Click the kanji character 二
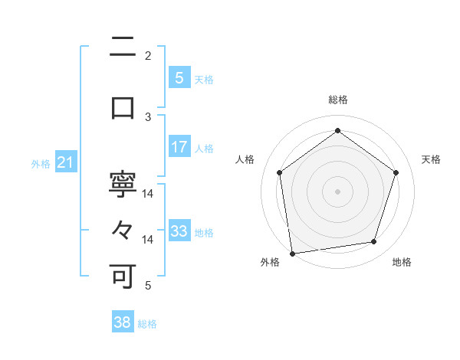[x=123, y=47]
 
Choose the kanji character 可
[x=123, y=276]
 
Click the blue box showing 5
[x=179, y=78]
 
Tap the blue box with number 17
[x=179, y=147]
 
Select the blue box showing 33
[x=179, y=231]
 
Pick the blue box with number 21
[x=65, y=162]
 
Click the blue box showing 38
[x=123, y=322]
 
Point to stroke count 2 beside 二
[x=148, y=56]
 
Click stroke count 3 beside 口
[x=148, y=116]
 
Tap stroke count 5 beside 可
[x=148, y=286]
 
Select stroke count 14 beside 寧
[x=148, y=195]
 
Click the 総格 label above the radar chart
[x=338, y=100]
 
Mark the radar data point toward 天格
[x=396, y=172]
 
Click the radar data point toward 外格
[x=291, y=253]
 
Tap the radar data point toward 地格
[x=374, y=242]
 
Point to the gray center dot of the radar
[x=338, y=191]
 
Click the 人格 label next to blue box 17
[x=204, y=148]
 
